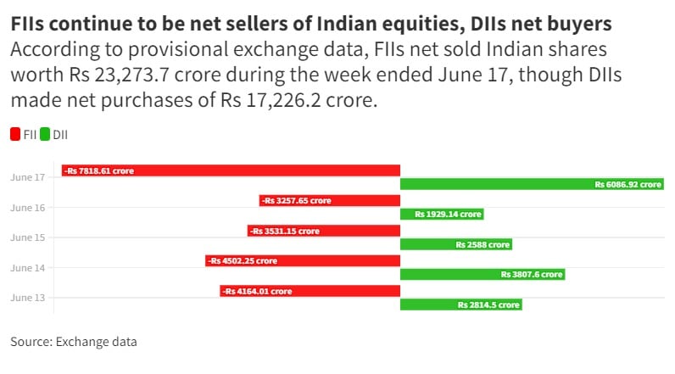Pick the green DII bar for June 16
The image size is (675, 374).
[x=441, y=215]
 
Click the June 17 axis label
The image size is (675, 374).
[x=28, y=178]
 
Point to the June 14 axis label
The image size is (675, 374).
[x=28, y=268]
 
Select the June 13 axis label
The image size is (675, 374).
[x=28, y=298]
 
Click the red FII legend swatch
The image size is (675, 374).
[x=15, y=134]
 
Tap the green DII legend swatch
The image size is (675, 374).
[x=45, y=134]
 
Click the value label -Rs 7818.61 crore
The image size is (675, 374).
[x=100, y=171]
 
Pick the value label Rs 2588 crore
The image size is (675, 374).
[x=483, y=244]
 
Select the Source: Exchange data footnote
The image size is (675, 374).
[x=74, y=342]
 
